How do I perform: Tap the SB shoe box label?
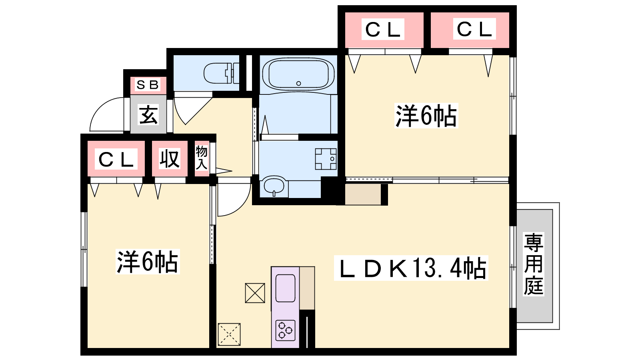(x=148, y=85)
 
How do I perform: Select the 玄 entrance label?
(x=148, y=115)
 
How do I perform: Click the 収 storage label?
(x=170, y=158)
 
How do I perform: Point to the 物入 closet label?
(x=202, y=158)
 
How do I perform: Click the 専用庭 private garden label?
(x=534, y=264)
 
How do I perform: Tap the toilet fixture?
(x=222, y=73)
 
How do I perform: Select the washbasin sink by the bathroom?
(x=274, y=186)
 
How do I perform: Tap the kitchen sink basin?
(x=285, y=288)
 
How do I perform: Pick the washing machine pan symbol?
(x=326, y=159)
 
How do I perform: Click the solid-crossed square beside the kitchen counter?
(x=255, y=293)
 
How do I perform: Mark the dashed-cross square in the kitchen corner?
(x=229, y=334)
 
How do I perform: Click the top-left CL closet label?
(x=383, y=30)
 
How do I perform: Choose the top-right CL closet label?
(x=474, y=29)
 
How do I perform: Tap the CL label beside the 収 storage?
(x=116, y=159)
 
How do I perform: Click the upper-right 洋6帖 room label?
(x=426, y=116)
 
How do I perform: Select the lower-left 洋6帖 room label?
(x=148, y=262)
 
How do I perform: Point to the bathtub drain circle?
(x=298, y=84)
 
